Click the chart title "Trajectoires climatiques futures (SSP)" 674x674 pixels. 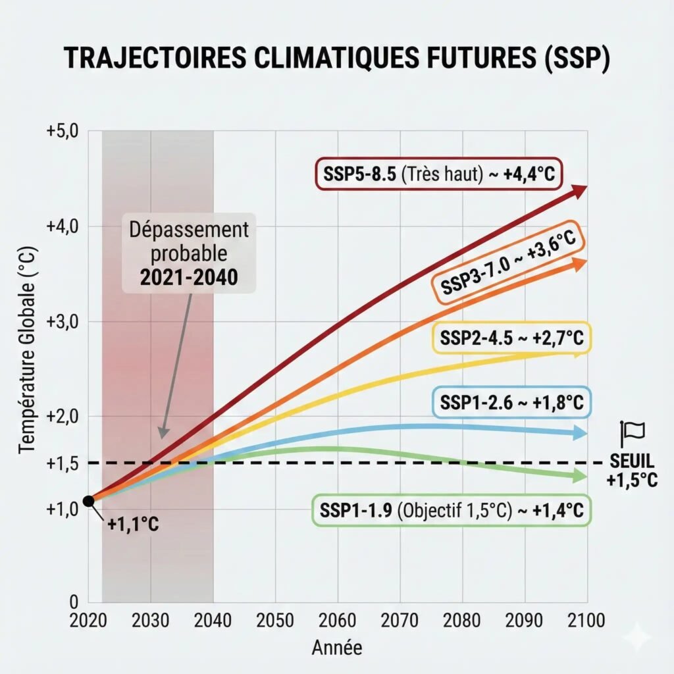coord(337,59)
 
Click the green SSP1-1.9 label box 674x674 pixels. coord(451,510)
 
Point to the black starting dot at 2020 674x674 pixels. coord(89,501)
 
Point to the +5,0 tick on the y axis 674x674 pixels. coord(63,130)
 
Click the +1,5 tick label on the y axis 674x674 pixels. coord(63,464)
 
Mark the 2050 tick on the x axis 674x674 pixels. coord(275,621)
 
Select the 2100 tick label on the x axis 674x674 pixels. coord(586,621)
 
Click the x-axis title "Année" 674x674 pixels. coord(336,648)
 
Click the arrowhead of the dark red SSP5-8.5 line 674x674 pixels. coord(579,191)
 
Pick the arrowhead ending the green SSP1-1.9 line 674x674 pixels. coord(580,477)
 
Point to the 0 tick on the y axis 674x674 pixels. coord(74,601)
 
